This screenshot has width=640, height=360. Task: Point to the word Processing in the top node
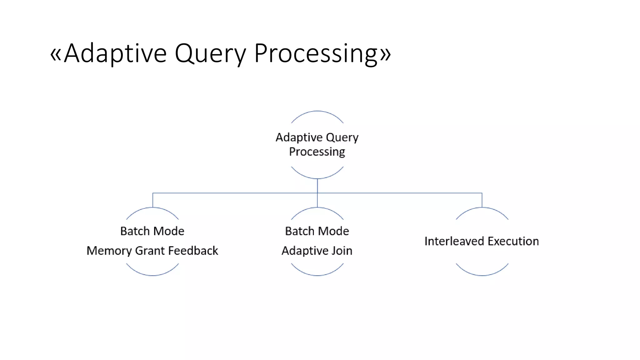317,152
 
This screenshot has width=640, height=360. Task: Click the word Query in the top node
342,137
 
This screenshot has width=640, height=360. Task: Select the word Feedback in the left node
193,251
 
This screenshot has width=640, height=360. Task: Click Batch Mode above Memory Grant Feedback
152,231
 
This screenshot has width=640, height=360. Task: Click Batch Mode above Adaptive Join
317,231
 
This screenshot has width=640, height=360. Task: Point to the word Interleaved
454,241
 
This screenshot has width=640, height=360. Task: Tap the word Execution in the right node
513,241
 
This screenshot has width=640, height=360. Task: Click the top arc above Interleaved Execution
482,208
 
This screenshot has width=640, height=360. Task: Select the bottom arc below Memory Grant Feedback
152,275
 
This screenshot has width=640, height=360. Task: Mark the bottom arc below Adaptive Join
317,275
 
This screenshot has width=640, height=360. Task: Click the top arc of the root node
317,111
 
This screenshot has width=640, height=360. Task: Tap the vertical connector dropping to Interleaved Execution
482,200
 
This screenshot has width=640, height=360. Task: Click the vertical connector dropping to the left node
153,200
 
